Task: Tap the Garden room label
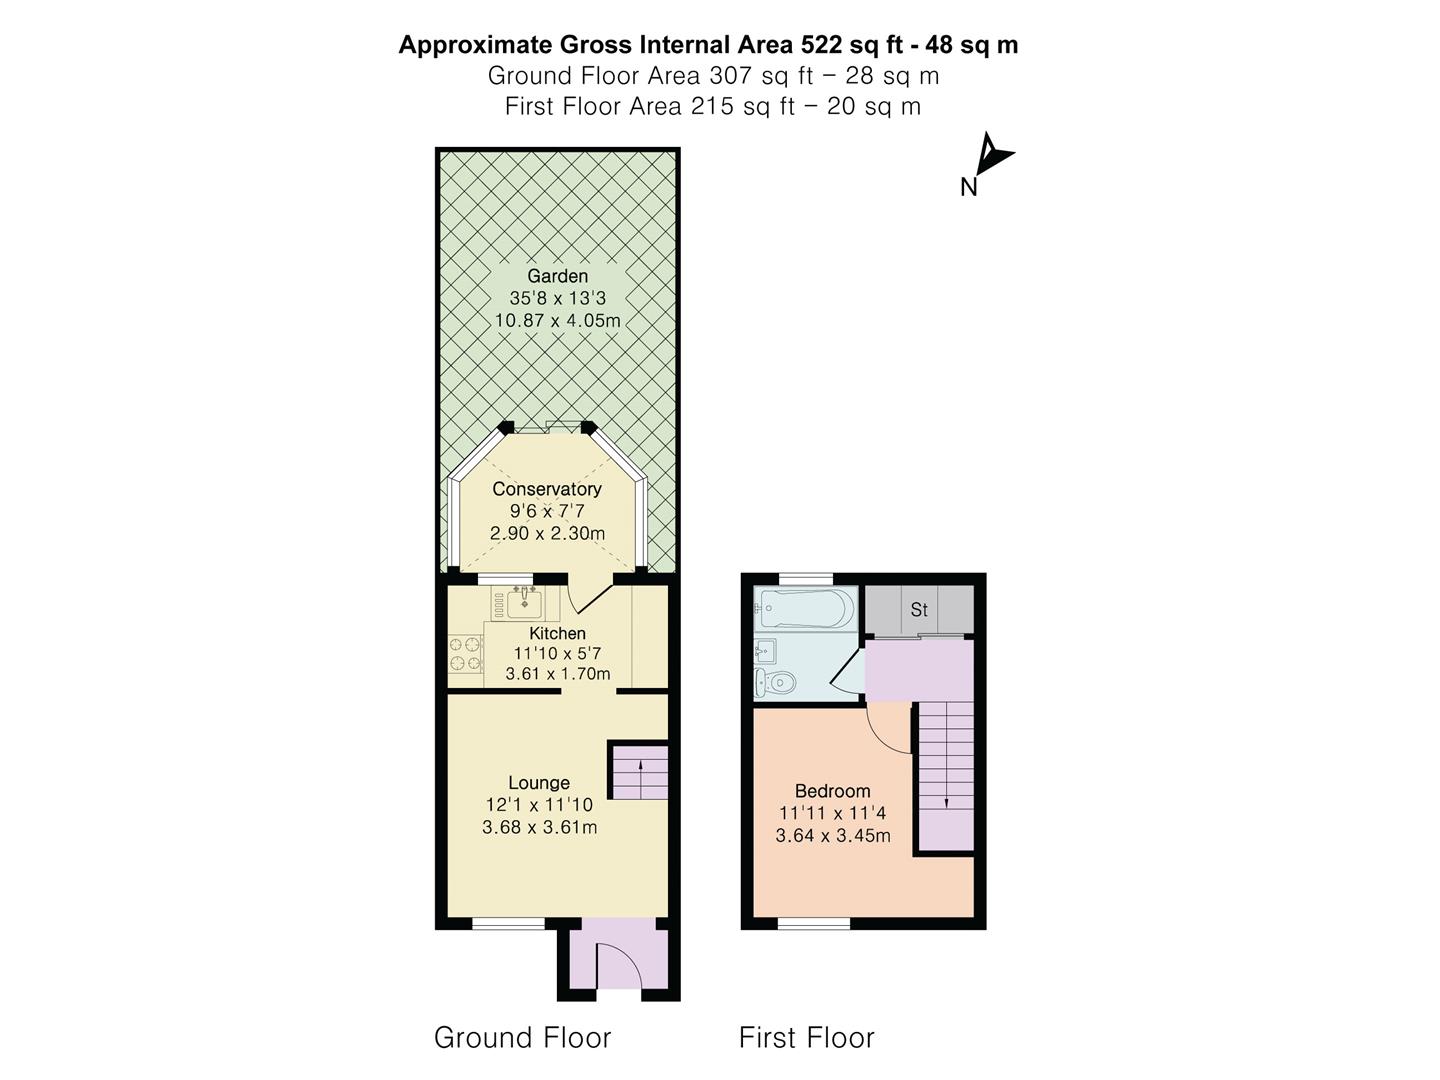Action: coord(557,276)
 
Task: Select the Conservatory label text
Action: coord(546,489)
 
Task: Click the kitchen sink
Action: coord(523,603)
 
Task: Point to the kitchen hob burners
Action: coord(465,654)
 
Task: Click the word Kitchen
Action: coord(557,633)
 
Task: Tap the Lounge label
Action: coord(539,783)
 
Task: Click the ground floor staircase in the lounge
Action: coord(639,771)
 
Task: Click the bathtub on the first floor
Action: coord(806,607)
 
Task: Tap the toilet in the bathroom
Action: coord(776,683)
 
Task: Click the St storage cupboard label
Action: coord(919,609)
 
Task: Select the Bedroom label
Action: coord(832,791)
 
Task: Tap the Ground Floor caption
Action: coord(522,1038)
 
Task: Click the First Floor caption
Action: coord(806,1038)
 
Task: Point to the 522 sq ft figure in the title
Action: coord(852,45)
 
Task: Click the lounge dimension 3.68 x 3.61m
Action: coord(539,827)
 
